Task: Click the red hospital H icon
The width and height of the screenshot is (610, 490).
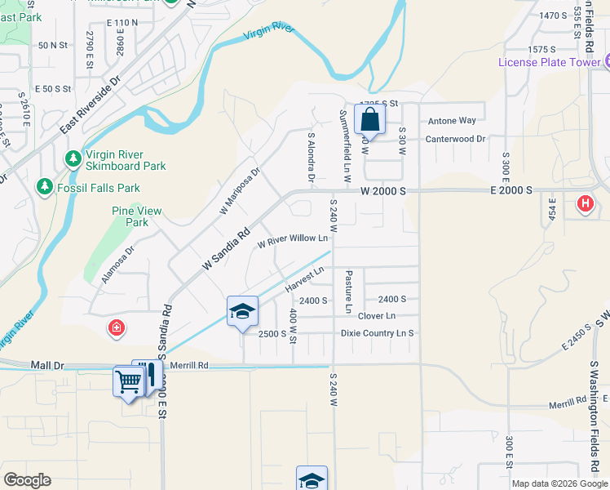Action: pos(585,204)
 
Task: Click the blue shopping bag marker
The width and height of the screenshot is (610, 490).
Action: pos(369,119)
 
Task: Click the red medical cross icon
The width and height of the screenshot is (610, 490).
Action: pos(117,329)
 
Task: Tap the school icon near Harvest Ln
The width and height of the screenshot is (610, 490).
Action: pos(242,311)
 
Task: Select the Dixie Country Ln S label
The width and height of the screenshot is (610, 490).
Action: pos(378,333)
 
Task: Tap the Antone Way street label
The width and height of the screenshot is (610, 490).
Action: pos(452,121)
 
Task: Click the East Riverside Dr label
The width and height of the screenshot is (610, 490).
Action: pos(90,106)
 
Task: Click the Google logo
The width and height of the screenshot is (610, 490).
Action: pos(27,480)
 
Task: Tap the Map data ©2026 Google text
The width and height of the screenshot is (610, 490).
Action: pos(559,483)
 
